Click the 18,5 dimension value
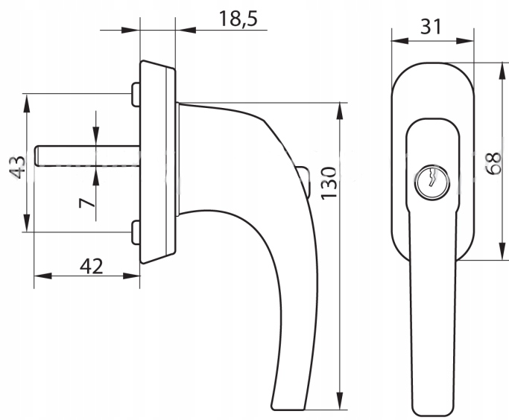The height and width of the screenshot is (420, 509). tap(238, 19)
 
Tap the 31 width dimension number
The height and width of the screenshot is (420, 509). tap(431, 27)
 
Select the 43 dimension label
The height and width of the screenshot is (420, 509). tap(18, 167)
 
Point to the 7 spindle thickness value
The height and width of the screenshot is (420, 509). tap(87, 203)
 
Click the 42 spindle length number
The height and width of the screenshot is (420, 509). tap(91, 267)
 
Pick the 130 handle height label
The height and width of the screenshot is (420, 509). tap(329, 183)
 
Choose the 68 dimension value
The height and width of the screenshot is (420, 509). tap(494, 164)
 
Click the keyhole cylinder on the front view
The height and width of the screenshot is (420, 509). tap(432, 182)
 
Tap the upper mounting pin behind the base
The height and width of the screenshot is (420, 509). tap(136, 95)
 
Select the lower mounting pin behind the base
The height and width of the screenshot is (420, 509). tap(136, 232)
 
